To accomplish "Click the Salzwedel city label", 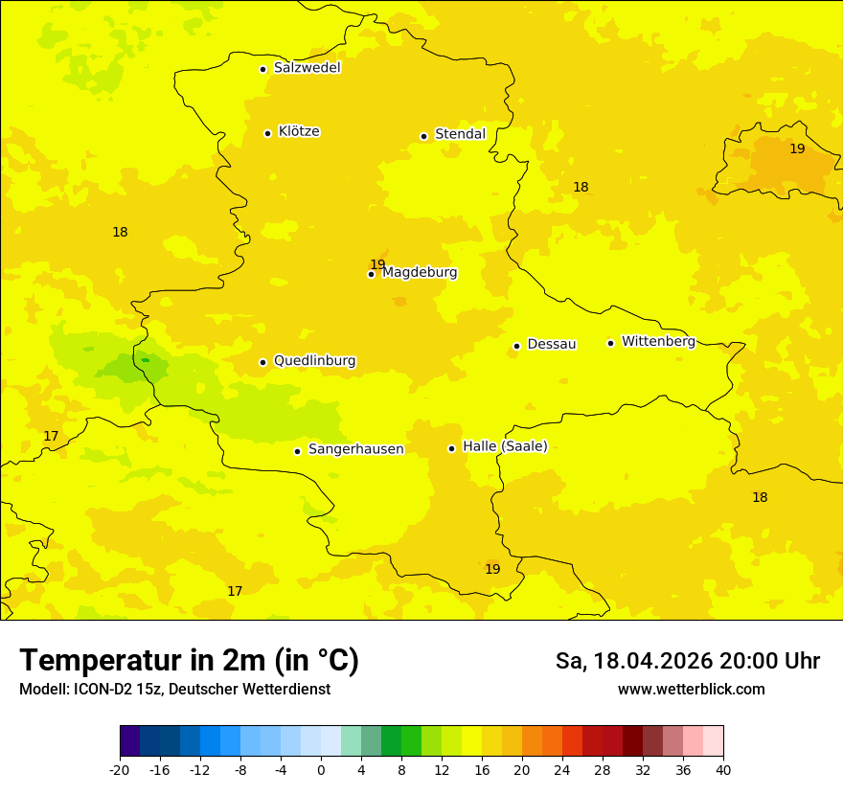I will tap(307, 68).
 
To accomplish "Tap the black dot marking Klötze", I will tap(267, 133).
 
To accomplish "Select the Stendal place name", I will tap(460, 134).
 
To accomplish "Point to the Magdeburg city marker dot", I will tap(371, 274).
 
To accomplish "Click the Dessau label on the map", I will tap(551, 344).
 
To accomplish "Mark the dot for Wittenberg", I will tap(610, 343).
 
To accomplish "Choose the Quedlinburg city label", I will tap(314, 361).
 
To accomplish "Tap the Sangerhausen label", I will tap(355, 449).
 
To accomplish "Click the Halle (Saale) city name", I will tap(505, 446).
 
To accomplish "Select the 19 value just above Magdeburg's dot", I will tap(377, 264).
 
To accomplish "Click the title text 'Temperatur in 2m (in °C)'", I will tap(189, 660).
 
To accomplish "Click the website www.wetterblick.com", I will tap(691, 690).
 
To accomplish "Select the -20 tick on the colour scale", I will tap(120, 769).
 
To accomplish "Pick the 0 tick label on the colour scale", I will tap(321, 769).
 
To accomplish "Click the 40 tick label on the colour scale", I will tap(723, 769).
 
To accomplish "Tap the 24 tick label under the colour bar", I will tap(562, 769).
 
